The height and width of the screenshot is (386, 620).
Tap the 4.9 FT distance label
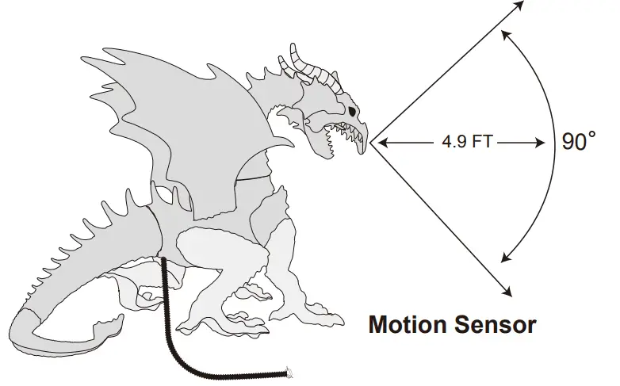pyautogui.click(x=469, y=143)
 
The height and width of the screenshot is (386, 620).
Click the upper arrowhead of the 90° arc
pyautogui.click(x=505, y=32)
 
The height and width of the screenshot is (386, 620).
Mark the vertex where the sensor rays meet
pyautogui.click(x=370, y=143)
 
